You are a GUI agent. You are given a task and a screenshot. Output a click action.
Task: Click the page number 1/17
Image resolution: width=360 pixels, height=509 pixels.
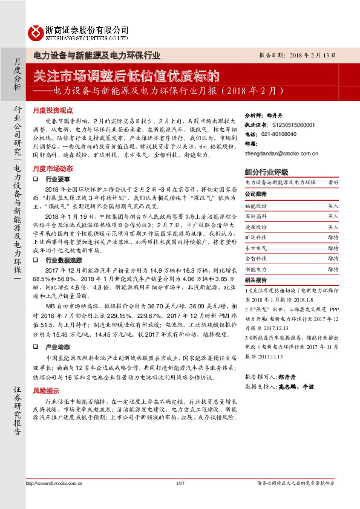(x=179, y=499)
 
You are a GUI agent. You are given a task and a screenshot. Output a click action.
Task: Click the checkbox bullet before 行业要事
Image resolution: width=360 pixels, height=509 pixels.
(x=36, y=180)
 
